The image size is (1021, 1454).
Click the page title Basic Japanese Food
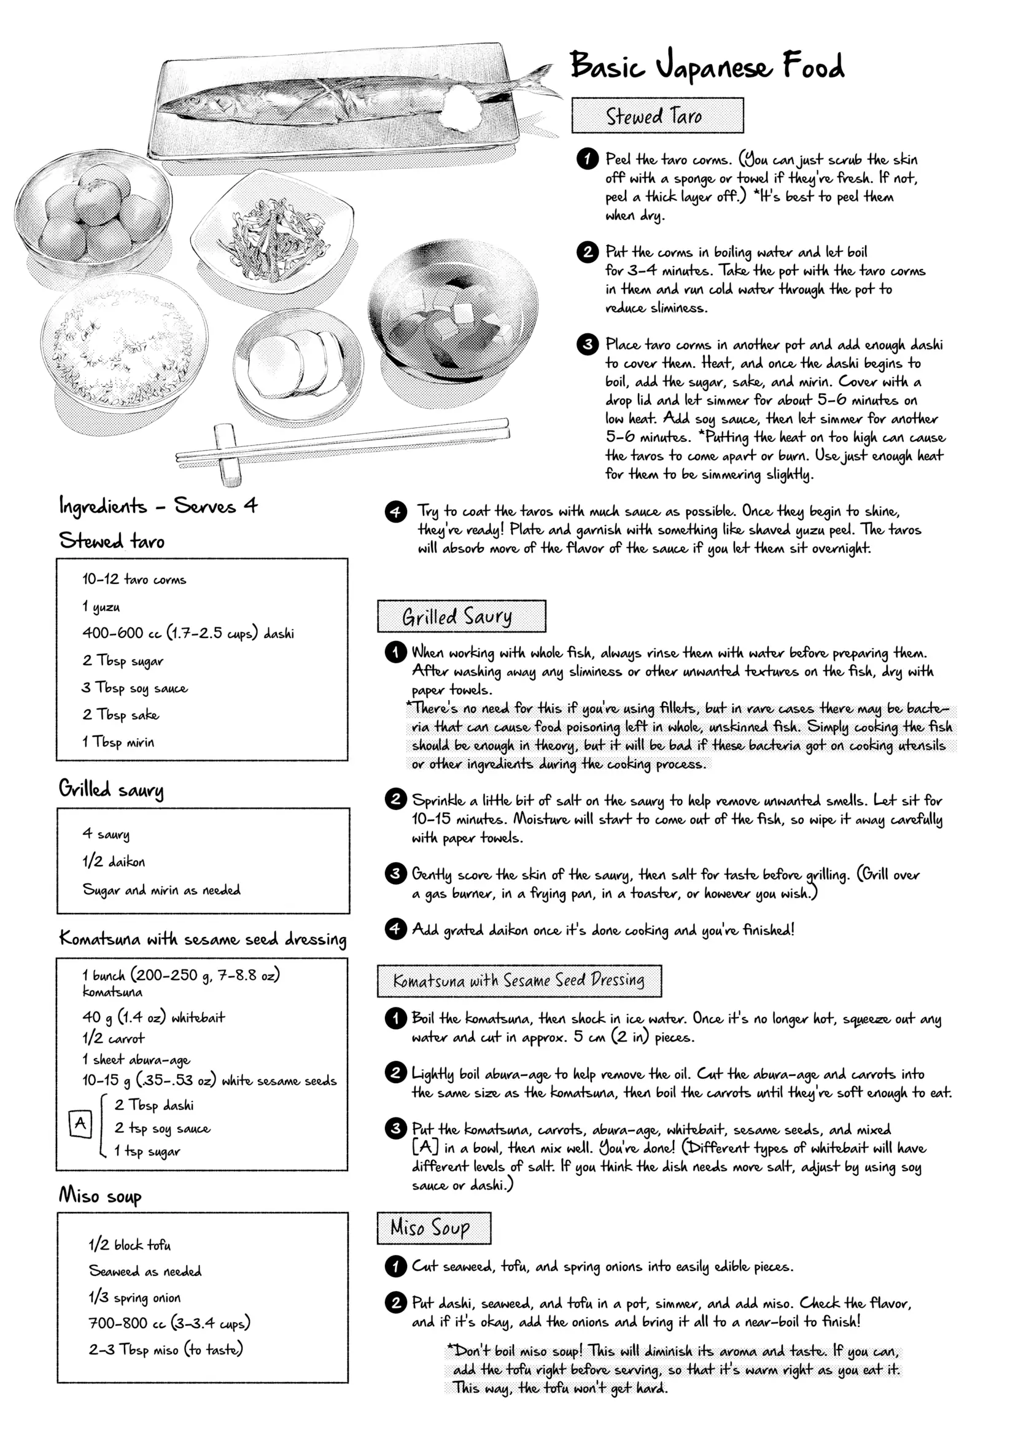coord(706,66)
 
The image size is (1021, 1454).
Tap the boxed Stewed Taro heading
coord(657,116)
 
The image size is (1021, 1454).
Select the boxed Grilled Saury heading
coord(460,615)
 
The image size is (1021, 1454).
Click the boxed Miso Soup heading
coord(433,1227)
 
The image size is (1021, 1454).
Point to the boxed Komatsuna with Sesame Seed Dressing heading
coord(519,981)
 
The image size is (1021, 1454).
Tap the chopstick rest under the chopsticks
coord(228,453)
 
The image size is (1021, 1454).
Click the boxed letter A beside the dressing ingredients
coord(80,1124)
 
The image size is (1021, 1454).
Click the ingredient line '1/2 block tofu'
coord(129,1245)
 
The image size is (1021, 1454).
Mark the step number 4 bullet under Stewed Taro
coord(396,511)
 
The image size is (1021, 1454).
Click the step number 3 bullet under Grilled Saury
coord(395,874)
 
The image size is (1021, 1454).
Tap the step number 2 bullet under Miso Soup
coord(395,1303)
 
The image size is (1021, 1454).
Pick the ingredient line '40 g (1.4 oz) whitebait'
coord(153,1017)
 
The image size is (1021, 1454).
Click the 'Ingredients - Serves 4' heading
coord(158,506)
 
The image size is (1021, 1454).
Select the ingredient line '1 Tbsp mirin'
coord(118,742)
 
